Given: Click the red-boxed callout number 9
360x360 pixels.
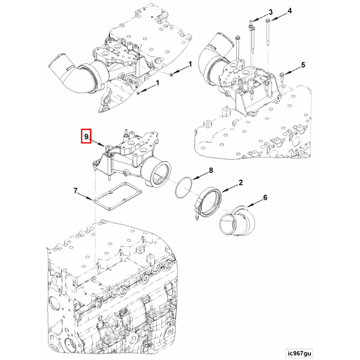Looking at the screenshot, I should pos(86,136).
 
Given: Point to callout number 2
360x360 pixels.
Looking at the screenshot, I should pos(240,183).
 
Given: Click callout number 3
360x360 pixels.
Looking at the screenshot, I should pos(270,13).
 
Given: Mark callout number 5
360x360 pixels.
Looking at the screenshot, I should pos(304,65).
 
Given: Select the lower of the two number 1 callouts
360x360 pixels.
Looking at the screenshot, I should pos(157,83).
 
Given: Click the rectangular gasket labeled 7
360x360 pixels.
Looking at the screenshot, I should pos(115,201).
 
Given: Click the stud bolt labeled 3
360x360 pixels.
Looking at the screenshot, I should pos(250,32).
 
